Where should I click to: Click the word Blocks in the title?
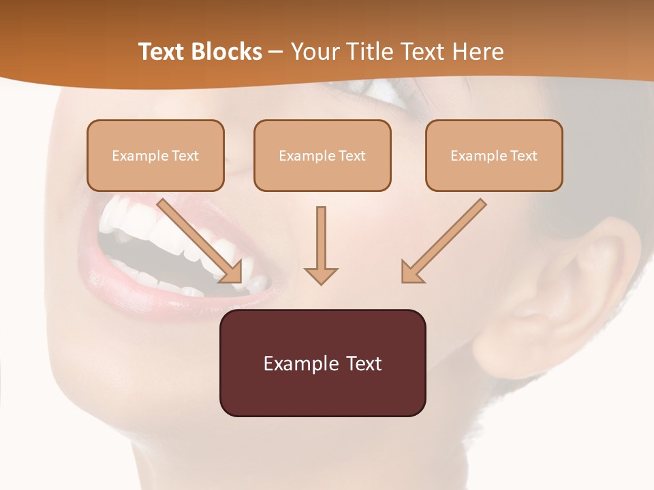[229, 52]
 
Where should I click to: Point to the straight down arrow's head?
[321, 275]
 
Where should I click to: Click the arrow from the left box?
[201, 242]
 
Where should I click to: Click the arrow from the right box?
[443, 242]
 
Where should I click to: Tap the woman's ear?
[572, 286]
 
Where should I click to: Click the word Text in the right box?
[523, 156]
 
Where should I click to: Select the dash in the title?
[276, 52]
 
